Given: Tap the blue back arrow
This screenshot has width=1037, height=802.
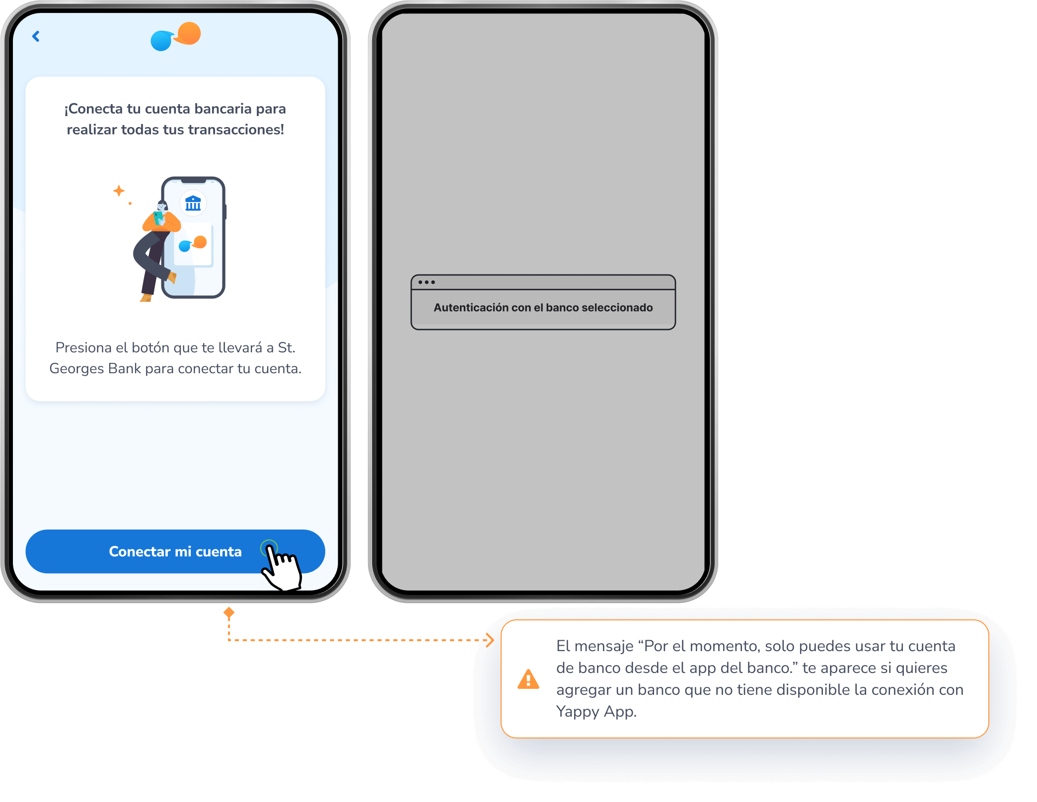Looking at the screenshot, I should pyautogui.click(x=36, y=36).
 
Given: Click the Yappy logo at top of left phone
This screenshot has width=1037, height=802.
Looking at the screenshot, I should pyautogui.click(x=175, y=36).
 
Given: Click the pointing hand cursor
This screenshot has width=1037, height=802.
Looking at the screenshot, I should pyautogui.click(x=282, y=566).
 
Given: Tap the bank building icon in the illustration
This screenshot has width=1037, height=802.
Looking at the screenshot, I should pyautogui.click(x=193, y=203).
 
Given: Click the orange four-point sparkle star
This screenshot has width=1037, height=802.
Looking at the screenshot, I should pyautogui.click(x=119, y=191).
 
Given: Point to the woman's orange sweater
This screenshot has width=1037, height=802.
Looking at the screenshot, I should pyautogui.click(x=161, y=222).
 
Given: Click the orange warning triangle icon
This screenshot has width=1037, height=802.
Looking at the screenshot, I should pyautogui.click(x=528, y=679).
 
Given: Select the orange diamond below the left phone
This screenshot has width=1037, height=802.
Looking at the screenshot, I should pyautogui.click(x=229, y=613).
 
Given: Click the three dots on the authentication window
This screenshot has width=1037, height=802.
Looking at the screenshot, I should pyautogui.click(x=426, y=282).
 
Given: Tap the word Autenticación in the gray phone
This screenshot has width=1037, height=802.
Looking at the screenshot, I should pyautogui.click(x=470, y=308).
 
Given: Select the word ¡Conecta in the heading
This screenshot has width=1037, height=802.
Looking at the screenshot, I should pyautogui.click(x=93, y=109).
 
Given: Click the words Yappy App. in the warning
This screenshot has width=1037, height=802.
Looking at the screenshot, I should pyautogui.click(x=596, y=712).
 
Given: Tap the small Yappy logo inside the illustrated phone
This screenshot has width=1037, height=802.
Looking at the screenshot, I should pyautogui.click(x=193, y=244).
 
